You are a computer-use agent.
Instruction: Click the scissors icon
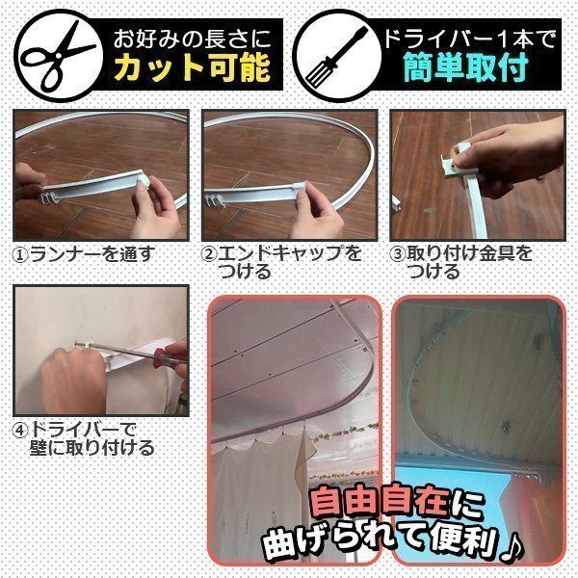tap(59, 55)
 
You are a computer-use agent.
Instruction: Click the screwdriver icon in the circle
tap(336, 55)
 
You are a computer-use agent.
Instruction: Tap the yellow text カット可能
tap(193, 67)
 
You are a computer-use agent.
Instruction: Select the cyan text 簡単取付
tap(466, 67)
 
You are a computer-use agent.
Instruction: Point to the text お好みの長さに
tap(193, 39)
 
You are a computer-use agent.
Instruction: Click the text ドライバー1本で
tap(469, 39)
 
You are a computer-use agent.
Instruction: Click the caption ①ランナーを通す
tap(83, 254)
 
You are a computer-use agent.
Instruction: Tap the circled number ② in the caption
tap(209, 254)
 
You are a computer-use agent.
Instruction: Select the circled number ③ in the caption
tap(397, 254)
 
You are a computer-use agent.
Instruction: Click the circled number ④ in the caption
tap(20, 431)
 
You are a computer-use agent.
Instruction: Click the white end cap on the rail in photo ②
tap(299, 186)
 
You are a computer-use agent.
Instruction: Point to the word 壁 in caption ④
tap(39, 448)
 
